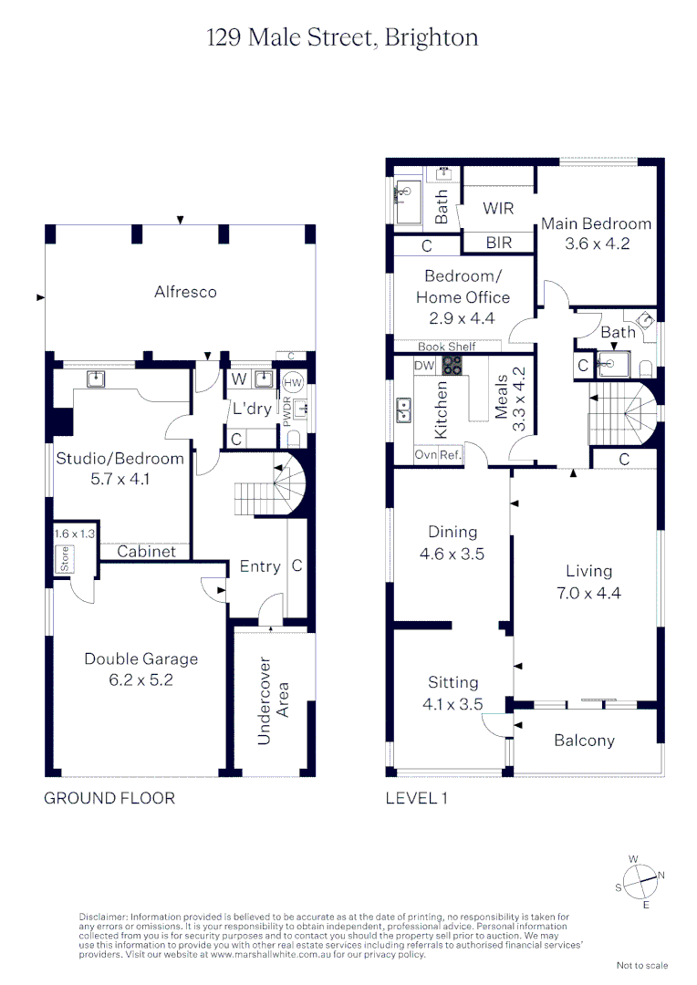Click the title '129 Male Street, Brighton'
click(342, 37)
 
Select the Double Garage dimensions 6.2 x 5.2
click(140, 679)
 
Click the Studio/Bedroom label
click(120, 458)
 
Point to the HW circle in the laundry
click(293, 384)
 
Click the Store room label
click(65, 559)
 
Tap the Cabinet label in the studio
click(140, 552)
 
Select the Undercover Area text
click(273, 700)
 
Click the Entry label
click(260, 566)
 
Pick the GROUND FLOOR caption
click(109, 798)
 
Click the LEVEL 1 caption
click(417, 798)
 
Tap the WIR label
click(498, 208)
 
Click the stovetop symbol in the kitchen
click(453, 366)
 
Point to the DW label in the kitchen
click(424, 366)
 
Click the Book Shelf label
click(447, 347)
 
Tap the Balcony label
click(584, 741)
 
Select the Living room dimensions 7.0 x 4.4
click(588, 592)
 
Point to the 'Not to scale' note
click(641, 965)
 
